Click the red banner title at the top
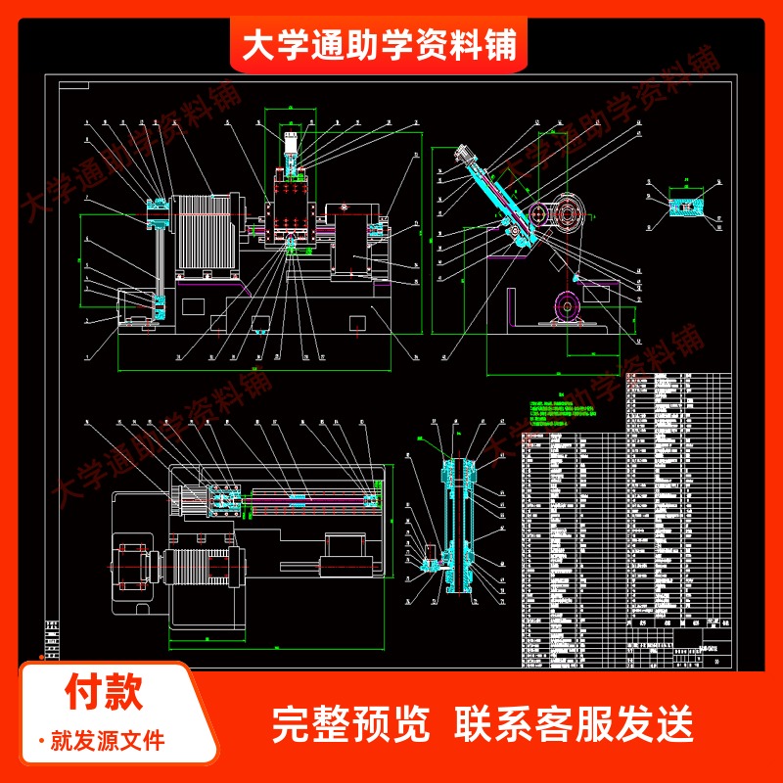pyautogui.click(x=379, y=44)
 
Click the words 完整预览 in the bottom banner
pyautogui.click(x=349, y=725)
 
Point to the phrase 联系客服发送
pyautogui.click(x=575, y=725)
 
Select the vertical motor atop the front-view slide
pyautogui.click(x=291, y=147)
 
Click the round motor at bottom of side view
pyautogui.click(x=568, y=305)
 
